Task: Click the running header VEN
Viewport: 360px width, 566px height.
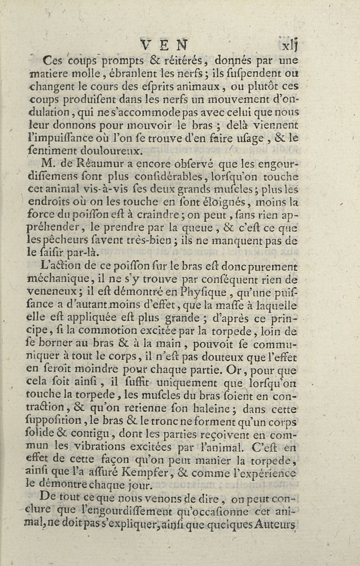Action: (164, 45)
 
